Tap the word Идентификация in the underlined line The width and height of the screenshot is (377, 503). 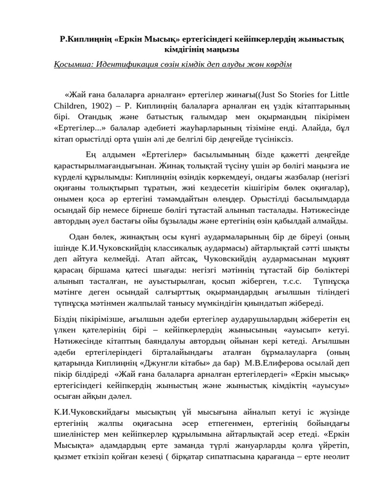point(126,65)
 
